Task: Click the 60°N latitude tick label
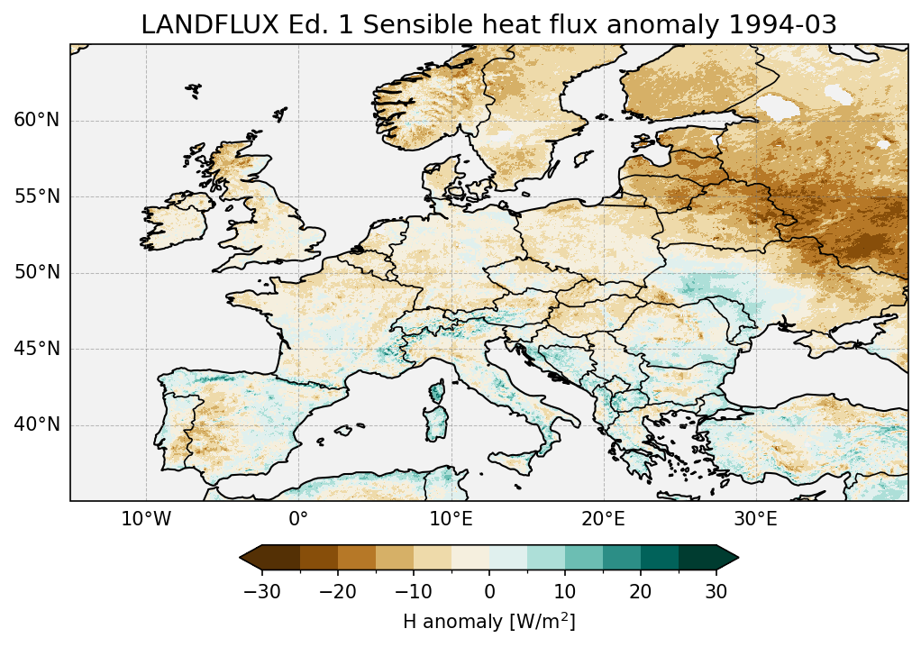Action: (x=37, y=121)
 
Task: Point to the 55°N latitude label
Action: (x=37, y=196)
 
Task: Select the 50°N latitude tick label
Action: (x=37, y=272)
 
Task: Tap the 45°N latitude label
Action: (x=37, y=349)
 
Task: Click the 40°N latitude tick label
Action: (x=37, y=424)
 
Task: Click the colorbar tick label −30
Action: (x=260, y=591)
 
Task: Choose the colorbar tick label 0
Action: (x=489, y=591)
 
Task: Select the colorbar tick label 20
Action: (x=641, y=591)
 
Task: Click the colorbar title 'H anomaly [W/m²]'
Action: (x=489, y=622)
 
